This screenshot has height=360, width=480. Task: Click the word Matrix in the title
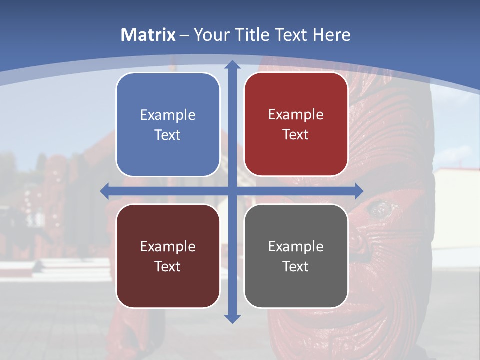(x=148, y=35)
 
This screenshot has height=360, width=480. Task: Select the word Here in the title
(x=331, y=35)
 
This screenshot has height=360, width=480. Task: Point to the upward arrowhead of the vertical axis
(x=232, y=65)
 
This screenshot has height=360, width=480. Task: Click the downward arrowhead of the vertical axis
(x=232, y=318)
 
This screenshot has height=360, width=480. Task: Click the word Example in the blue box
(x=168, y=115)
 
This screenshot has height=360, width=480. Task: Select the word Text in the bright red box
(x=296, y=135)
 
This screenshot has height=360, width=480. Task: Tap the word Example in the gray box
(x=296, y=246)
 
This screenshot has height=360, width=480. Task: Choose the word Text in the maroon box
(x=168, y=266)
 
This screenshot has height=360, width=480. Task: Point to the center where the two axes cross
(x=232, y=191)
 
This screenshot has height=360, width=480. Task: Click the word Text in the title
(x=290, y=35)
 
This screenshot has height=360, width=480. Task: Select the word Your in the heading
(x=209, y=35)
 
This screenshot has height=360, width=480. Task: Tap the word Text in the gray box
(x=296, y=266)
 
